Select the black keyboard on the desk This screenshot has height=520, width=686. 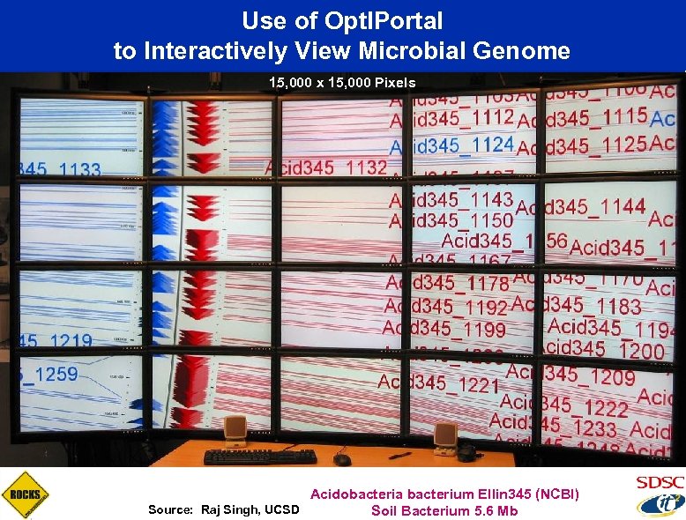[260, 457]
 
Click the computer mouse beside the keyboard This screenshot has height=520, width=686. [342, 459]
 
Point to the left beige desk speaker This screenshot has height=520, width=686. [235, 431]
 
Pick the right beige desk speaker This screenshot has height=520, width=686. [445, 436]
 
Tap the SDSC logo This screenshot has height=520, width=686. [659, 483]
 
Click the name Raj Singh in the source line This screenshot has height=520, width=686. [232, 510]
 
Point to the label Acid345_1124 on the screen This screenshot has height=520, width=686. [451, 144]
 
